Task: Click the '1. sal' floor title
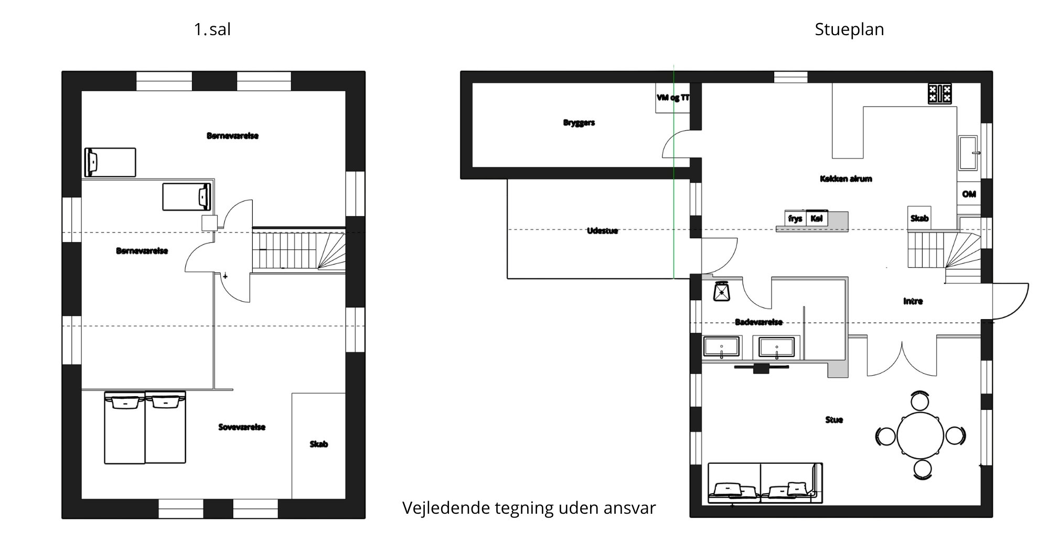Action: pos(212,29)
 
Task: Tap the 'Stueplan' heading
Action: pos(849,29)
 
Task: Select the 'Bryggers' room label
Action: pos(579,123)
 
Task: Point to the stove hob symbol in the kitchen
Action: pos(940,94)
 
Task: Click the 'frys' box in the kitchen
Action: pos(795,219)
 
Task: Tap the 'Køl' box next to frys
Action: pos(817,219)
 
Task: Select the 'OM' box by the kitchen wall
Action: pos(969,194)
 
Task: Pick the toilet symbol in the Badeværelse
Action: pos(722,291)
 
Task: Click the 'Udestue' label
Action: pos(602,231)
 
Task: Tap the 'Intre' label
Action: pos(913,301)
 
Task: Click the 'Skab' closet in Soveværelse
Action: pos(318,445)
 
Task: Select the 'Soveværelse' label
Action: pos(242,427)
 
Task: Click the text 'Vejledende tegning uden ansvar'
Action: pos(529,508)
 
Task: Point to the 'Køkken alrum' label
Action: pos(845,179)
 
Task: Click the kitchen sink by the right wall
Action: pos(968,153)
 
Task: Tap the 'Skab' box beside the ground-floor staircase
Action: pos(919,218)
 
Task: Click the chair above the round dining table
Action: pos(920,401)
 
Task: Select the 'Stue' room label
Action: pos(834,420)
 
